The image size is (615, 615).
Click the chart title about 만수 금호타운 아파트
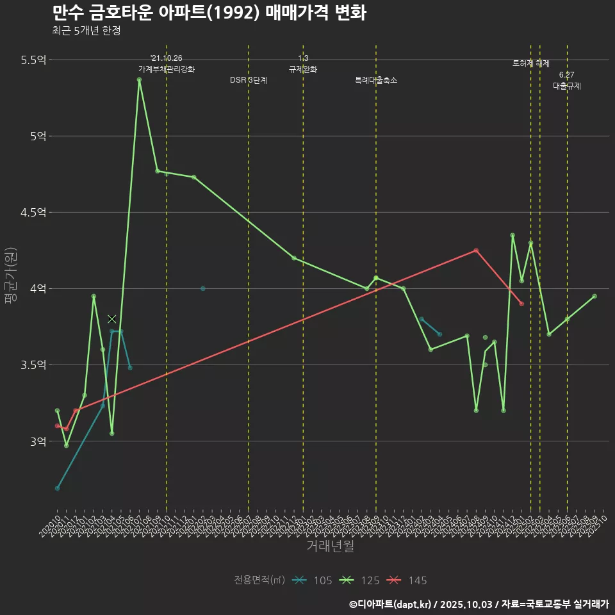209,13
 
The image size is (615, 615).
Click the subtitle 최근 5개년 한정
86,30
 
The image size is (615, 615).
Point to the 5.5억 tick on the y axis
33,60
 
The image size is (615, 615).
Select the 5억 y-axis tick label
38,136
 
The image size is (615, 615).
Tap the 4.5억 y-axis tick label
33,212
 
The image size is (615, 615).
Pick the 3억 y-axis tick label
38,441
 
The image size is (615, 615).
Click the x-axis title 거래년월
330,546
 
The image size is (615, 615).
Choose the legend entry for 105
312,580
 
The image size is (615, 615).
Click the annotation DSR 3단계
249,80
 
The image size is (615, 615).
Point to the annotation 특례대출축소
376,80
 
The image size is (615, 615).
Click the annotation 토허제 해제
531,63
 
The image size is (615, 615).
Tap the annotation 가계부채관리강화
167,69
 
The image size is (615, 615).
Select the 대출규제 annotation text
567,86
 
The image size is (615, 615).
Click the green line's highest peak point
139,79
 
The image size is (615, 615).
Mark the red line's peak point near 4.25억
476,250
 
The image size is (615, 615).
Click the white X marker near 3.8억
112,318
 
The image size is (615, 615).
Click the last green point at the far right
594,296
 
